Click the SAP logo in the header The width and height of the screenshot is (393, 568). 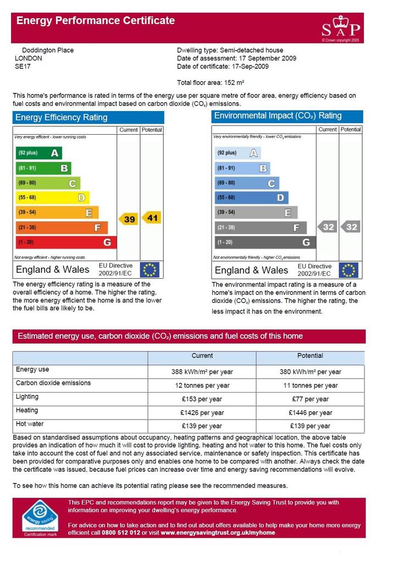click(x=341, y=29)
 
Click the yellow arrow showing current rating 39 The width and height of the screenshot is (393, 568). click(x=128, y=219)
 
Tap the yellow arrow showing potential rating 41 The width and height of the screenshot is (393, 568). click(x=151, y=218)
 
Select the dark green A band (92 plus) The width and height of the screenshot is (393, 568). click(x=39, y=153)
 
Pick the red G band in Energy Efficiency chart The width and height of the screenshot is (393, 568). click(x=66, y=242)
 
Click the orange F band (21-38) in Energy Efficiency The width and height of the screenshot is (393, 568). click(x=62, y=228)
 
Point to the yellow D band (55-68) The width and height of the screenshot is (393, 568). click(x=53, y=197)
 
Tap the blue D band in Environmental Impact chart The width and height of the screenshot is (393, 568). click(x=251, y=197)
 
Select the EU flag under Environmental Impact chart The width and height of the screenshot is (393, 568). click(x=348, y=270)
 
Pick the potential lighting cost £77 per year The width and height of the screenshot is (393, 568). click(x=311, y=399)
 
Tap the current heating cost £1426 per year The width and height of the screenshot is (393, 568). click(x=202, y=412)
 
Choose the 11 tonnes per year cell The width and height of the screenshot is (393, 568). click(x=311, y=385)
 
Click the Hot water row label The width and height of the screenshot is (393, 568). click(x=30, y=424)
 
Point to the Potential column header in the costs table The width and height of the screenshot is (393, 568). click(x=310, y=356)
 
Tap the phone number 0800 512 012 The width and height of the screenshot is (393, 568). click(x=121, y=533)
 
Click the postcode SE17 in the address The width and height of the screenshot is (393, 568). click(x=23, y=67)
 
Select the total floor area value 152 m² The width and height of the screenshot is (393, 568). click(x=234, y=82)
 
